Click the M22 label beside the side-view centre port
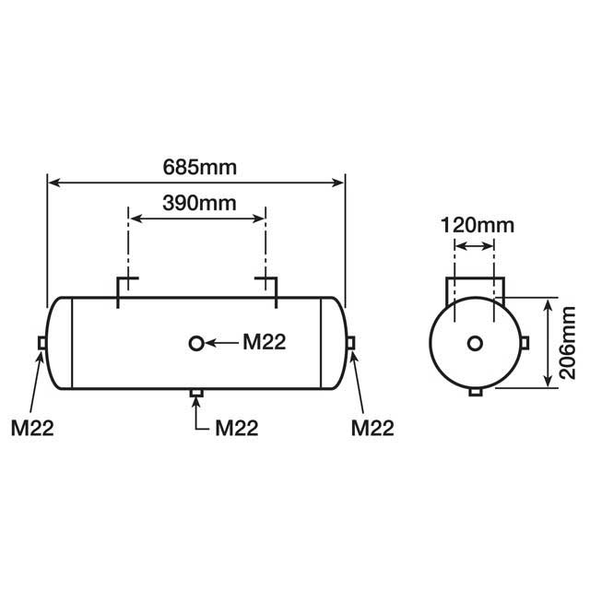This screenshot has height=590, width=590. coord(265,343)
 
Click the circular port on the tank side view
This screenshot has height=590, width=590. coord(196,344)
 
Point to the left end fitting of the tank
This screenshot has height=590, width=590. coord(42,344)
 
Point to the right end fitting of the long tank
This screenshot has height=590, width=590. coord(350,344)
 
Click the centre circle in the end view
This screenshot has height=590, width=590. coord(475,344)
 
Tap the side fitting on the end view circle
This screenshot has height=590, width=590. coord(525,344)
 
